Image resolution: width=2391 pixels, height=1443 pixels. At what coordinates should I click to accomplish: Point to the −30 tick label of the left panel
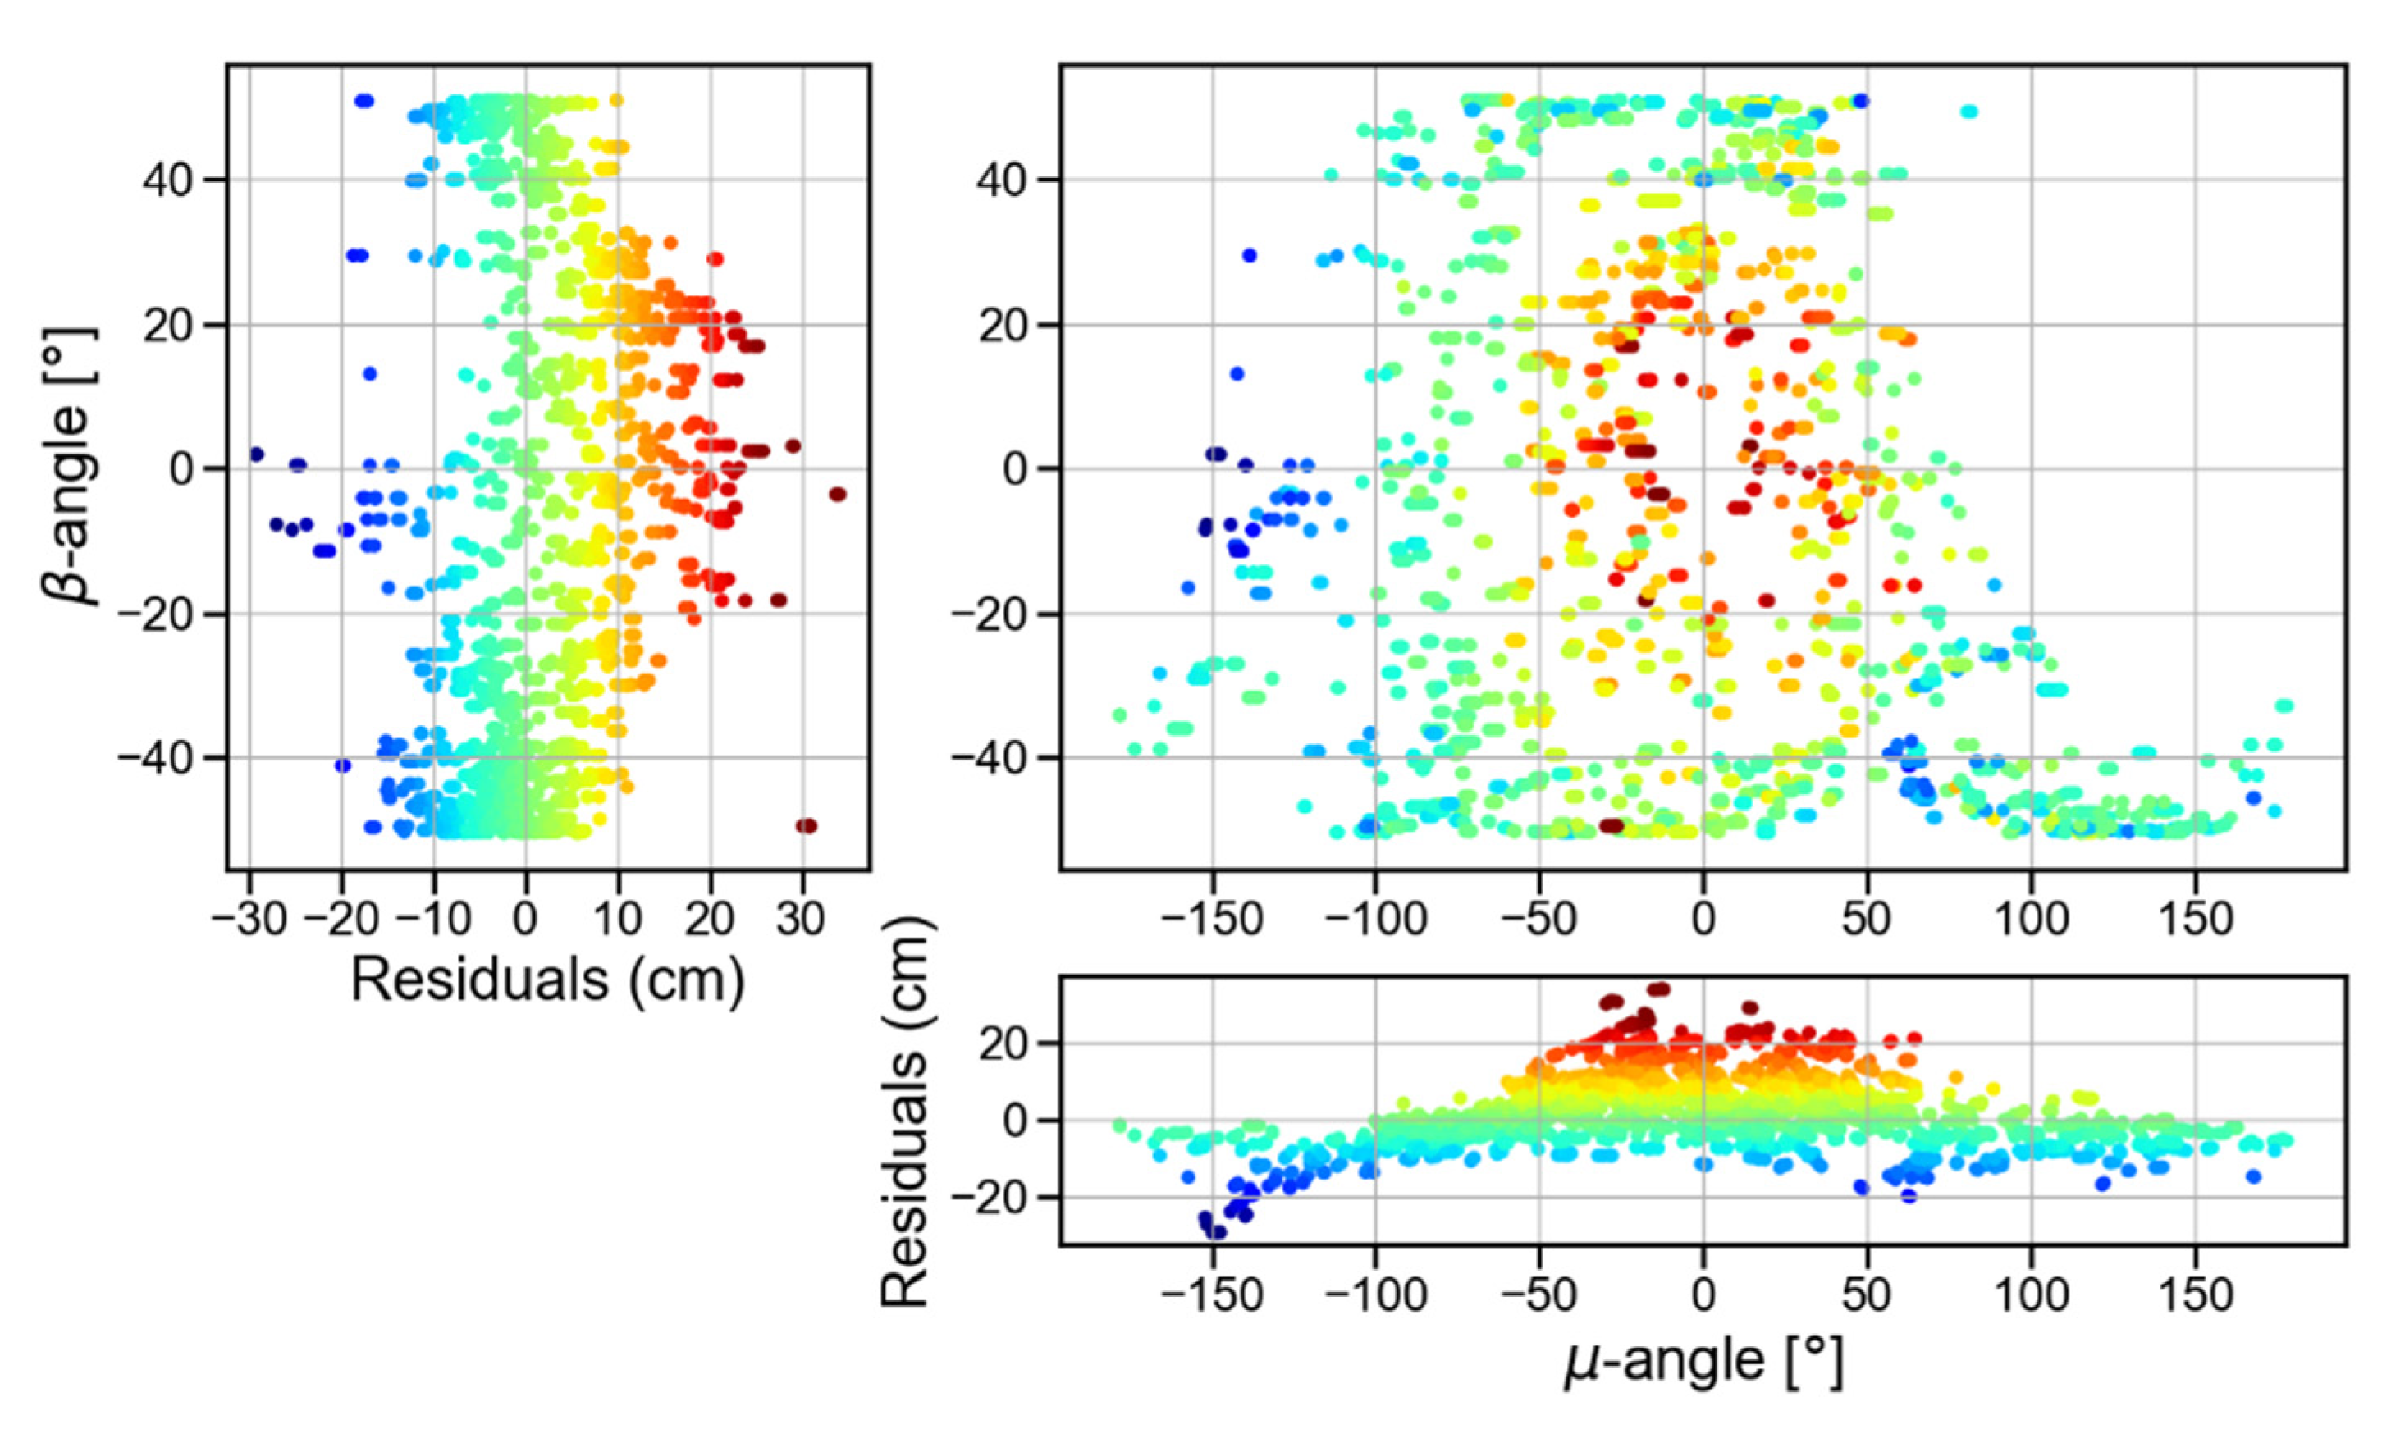coord(249,918)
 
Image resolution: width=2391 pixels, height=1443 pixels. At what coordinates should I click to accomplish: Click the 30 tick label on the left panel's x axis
coord(802,918)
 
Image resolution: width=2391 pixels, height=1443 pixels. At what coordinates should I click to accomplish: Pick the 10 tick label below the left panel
coord(618,918)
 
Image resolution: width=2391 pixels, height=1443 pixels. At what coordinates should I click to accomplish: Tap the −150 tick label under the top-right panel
coord(1211,918)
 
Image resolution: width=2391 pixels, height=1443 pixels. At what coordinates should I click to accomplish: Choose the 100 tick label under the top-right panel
coord(2031,918)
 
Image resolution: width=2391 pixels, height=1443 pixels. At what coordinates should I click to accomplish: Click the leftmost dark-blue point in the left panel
coord(256,454)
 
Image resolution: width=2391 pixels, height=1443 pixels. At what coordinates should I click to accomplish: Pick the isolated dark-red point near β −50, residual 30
coord(807,826)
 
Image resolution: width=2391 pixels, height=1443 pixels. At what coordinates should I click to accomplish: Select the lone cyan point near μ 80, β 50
coord(1968,112)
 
